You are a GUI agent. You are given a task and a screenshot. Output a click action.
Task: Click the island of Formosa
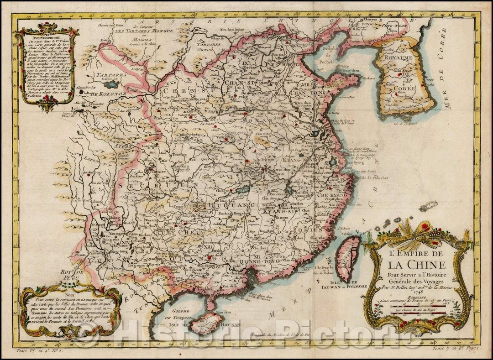[x=348, y=258]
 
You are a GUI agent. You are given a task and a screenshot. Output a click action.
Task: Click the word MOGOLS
[x=137, y=40]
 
